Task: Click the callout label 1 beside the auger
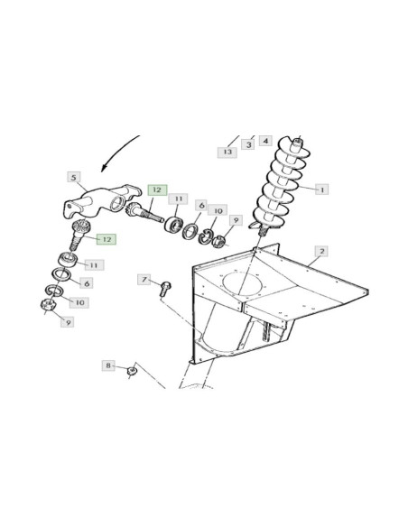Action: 322,190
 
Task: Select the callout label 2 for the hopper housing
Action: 322,251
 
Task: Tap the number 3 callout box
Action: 248,144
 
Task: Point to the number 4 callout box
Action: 265,141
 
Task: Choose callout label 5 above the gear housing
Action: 74,178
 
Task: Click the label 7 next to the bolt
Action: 144,280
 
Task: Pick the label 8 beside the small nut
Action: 108,365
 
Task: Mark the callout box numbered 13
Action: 227,152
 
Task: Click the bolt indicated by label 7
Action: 165,289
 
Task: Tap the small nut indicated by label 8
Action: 132,371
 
